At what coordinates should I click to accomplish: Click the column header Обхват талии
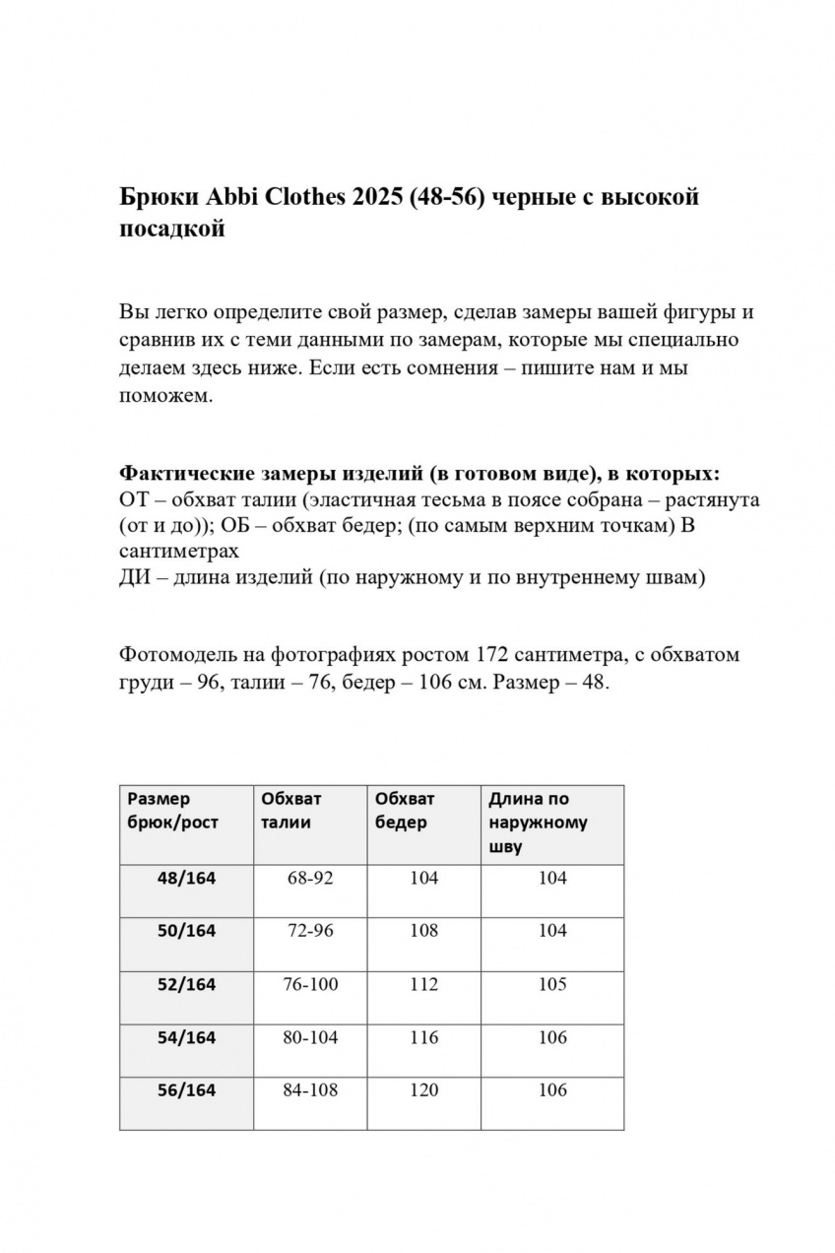(x=291, y=811)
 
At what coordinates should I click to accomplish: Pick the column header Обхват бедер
(x=405, y=811)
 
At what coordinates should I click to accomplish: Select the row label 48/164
(x=186, y=878)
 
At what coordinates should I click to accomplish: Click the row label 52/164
(x=186, y=984)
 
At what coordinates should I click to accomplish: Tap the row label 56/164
(x=186, y=1090)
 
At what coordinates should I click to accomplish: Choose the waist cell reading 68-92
(x=310, y=878)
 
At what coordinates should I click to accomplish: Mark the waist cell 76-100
(x=310, y=984)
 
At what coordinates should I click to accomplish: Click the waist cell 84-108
(x=310, y=1090)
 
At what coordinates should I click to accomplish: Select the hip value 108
(x=423, y=931)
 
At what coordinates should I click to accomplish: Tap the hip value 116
(x=423, y=1037)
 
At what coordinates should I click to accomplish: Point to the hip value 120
(x=423, y=1090)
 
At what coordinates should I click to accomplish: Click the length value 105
(x=552, y=984)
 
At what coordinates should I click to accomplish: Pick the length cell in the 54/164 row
(x=552, y=1037)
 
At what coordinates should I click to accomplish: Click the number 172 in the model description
(x=493, y=655)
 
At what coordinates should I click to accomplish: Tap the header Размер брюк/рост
(x=172, y=811)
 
